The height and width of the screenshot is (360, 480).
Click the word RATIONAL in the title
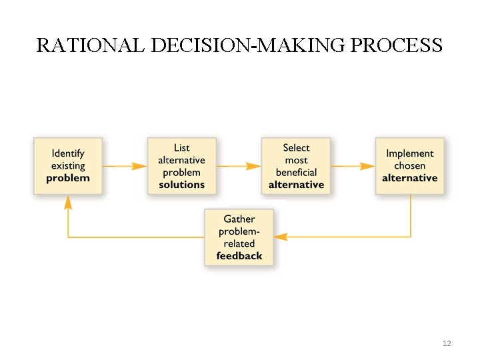tap(91, 45)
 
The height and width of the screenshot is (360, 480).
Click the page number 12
tap(447, 343)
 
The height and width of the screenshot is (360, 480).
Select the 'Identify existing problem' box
tap(68, 166)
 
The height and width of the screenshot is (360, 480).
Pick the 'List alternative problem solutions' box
tap(182, 166)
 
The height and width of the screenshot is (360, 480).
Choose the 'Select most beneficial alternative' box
tap(296, 166)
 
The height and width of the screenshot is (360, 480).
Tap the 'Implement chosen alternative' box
tap(409, 166)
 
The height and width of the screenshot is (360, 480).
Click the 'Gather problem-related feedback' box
tap(239, 237)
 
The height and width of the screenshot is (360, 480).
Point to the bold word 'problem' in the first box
tap(68, 178)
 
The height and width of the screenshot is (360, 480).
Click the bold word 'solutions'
tap(182, 185)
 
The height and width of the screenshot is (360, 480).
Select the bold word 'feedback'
tap(239, 256)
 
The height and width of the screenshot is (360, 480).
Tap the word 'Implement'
tap(410, 153)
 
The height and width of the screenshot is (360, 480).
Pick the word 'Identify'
tap(68, 153)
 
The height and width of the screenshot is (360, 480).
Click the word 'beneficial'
tap(297, 172)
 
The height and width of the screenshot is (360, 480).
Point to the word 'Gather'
tap(239, 219)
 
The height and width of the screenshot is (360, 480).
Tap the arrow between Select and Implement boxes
tap(353, 166)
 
